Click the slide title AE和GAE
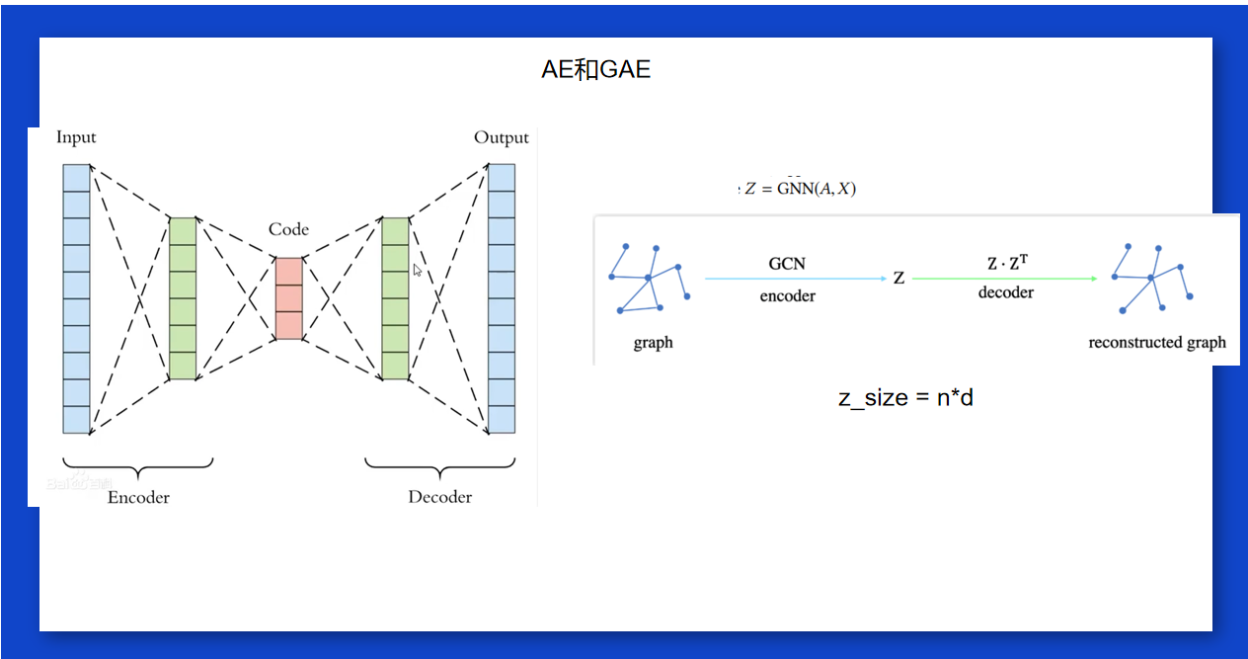point(596,70)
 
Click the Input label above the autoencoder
point(76,137)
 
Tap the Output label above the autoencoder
point(502,137)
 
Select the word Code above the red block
point(288,229)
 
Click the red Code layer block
point(288,298)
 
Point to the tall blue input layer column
point(76,298)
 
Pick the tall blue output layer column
point(502,298)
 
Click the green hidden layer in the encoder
point(183,298)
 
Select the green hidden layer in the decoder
point(395,298)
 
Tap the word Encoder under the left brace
point(138,497)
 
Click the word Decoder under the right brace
point(440,497)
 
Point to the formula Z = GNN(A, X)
point(800,189)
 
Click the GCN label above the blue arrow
point(787,264)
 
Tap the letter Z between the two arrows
point(898,279)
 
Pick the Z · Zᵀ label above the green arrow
point(1007,263)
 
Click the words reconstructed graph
point(1157,343)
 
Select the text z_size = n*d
point(905,398)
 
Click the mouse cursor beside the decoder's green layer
point(417,269)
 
